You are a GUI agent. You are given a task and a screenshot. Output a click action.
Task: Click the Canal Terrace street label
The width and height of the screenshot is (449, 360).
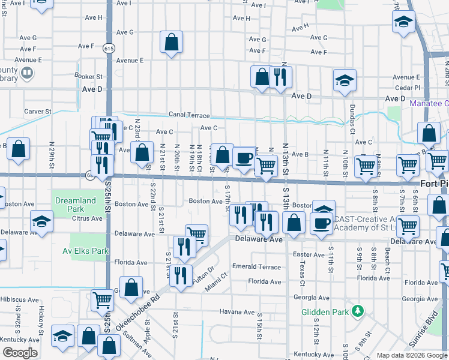[x=189, y=115]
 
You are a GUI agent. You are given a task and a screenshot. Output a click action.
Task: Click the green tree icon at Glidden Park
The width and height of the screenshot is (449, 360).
[x=358, y=311]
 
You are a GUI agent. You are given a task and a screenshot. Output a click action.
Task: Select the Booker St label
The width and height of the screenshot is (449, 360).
[x=89, y=76]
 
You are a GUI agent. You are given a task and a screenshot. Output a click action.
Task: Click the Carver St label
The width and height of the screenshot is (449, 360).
[x=38, y=112]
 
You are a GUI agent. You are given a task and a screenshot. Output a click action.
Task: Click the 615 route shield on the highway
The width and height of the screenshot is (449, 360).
[x=108, y=47]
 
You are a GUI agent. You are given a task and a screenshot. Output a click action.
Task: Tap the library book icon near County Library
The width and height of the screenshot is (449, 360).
[x=26, y=73]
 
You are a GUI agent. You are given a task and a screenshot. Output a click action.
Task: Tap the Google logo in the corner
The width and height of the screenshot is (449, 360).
[x=20, y=353]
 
